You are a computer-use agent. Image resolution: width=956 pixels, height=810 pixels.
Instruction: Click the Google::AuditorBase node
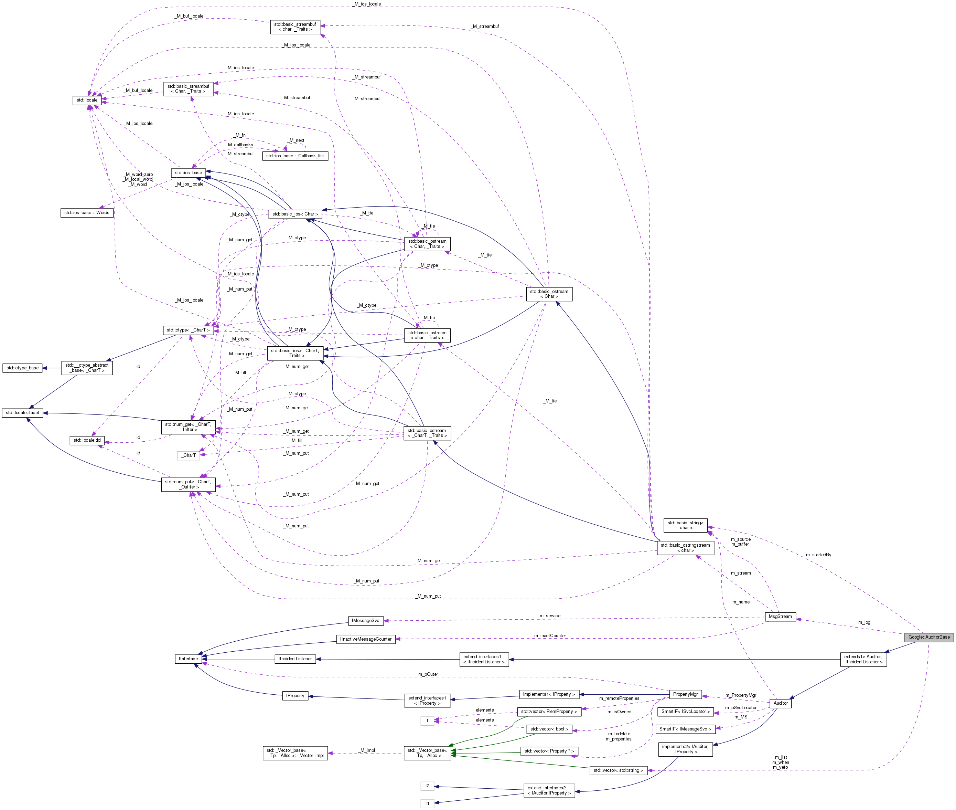click(929, 637)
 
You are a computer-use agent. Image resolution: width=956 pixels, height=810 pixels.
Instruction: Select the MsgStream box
click(780, 616)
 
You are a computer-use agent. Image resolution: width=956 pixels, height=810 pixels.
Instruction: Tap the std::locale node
click(87, 100)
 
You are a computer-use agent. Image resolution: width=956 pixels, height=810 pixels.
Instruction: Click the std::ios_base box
click(188, 173)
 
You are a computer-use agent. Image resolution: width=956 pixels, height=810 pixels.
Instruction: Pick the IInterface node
click(188, 659)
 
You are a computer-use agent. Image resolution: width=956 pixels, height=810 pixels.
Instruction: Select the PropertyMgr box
click(685, 694)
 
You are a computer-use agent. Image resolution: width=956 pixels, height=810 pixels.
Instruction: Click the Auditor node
click(780, 703)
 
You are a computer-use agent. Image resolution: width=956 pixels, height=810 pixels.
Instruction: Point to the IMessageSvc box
click(365, 620)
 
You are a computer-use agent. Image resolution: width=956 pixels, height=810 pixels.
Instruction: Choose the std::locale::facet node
click(22, 412)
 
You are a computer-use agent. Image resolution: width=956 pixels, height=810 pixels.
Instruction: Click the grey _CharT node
click(188, 455)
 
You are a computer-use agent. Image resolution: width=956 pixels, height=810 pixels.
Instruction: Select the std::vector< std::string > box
click(618, 770)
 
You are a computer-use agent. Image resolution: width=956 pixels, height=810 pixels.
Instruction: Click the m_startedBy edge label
click(818, 555)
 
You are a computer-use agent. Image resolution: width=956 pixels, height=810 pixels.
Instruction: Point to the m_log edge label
click(864, 622)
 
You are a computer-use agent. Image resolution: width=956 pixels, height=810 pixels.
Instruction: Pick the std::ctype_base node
click(22, 368)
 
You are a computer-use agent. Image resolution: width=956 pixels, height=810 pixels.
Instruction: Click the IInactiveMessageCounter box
click(366, 639)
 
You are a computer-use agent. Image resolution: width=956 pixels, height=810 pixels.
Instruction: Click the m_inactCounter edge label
click(550, 635)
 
